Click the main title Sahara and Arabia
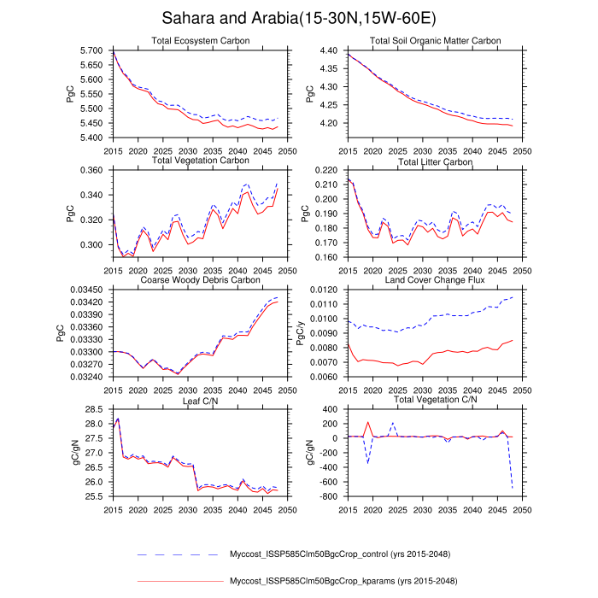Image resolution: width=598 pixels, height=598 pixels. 299,18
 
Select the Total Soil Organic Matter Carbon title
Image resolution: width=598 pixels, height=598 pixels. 435,41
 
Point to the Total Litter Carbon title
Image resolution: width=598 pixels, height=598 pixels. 435,161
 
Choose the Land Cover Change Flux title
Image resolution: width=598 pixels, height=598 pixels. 435,280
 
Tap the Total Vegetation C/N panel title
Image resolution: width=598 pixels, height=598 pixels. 435,400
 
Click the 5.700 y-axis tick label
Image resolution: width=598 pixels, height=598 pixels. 91,50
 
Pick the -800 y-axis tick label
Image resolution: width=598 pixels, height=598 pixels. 331,496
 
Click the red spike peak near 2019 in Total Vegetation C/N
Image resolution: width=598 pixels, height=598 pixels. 368,422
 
